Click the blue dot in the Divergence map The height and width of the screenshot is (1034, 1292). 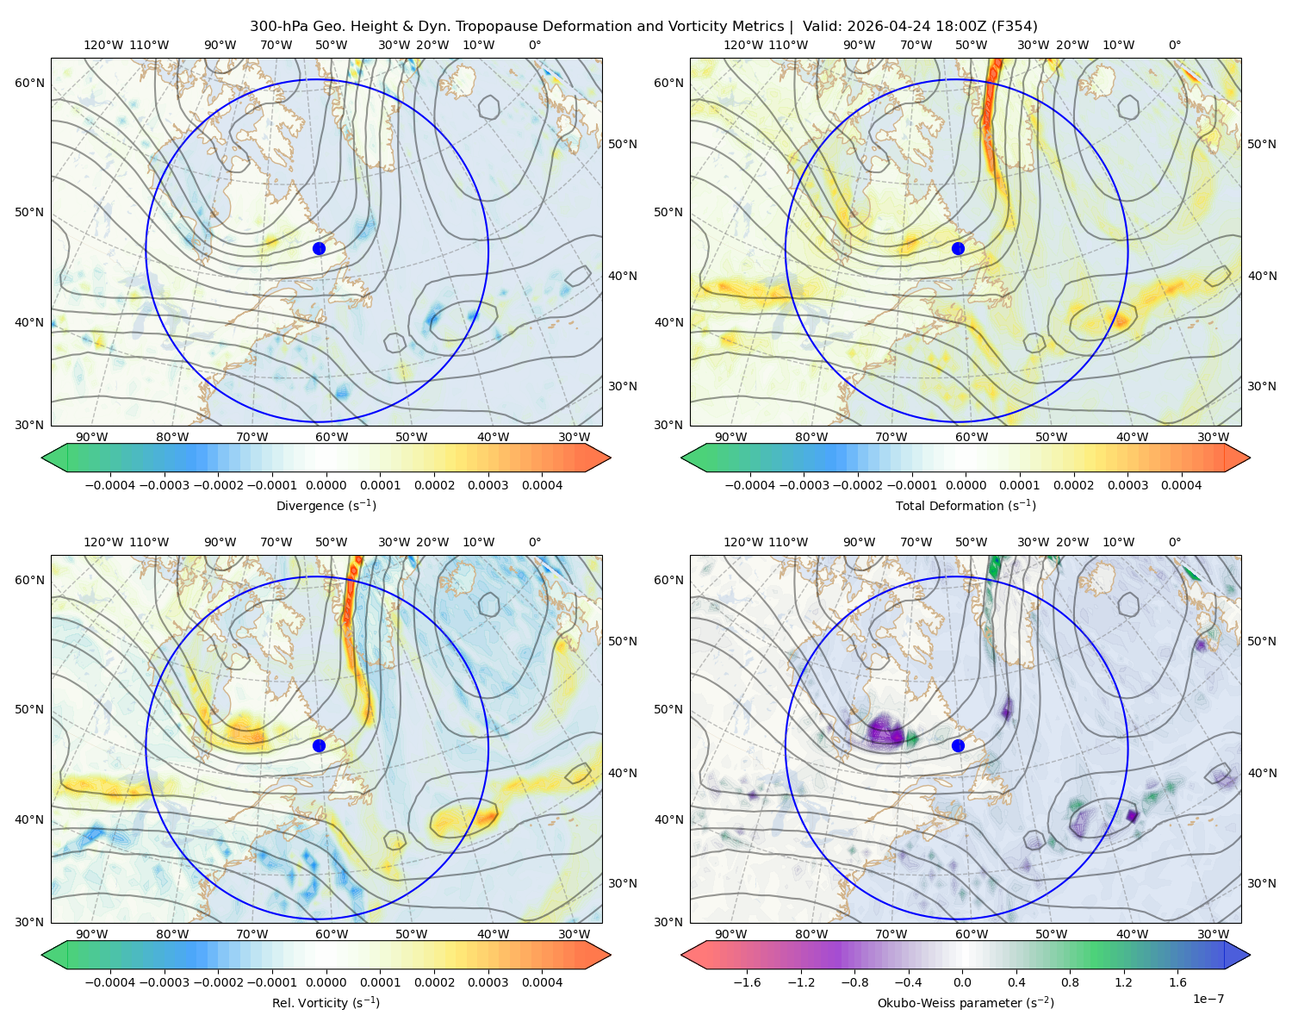[x=319, y=248]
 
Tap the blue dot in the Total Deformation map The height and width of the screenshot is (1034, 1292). [x=958, y=248]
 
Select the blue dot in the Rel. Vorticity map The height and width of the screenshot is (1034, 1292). [x=319, y=745]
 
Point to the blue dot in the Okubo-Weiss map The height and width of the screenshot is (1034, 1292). [x=958, y=745]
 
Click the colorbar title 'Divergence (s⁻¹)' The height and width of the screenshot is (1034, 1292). [x=326, y=505]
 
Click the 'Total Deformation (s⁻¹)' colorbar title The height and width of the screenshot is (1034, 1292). [x=966, y=505]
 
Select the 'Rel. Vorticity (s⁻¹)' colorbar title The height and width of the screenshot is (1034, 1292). [x=326, y=1002]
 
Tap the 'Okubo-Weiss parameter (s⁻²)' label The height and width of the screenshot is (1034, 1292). [x=966, y=1002]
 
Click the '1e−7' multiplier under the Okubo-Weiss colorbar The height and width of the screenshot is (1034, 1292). [x=1208, y=999]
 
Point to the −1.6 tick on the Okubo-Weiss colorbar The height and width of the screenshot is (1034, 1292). [x=747, y=981]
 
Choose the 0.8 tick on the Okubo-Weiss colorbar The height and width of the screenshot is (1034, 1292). [x=1070, y=981]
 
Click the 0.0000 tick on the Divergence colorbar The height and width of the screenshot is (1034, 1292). [x=326, y=485]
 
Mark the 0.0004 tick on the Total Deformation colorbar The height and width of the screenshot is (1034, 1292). [x=1181, y=485]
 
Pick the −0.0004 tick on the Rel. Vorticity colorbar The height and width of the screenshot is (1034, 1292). [x=110, y=981]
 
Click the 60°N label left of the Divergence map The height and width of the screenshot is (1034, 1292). [x=29, y=83]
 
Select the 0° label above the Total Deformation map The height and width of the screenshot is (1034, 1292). [x=1174, y=45]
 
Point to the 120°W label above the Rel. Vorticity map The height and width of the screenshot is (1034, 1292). [x=103, y=542]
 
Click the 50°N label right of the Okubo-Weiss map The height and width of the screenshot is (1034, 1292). [x=1261, y=641]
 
